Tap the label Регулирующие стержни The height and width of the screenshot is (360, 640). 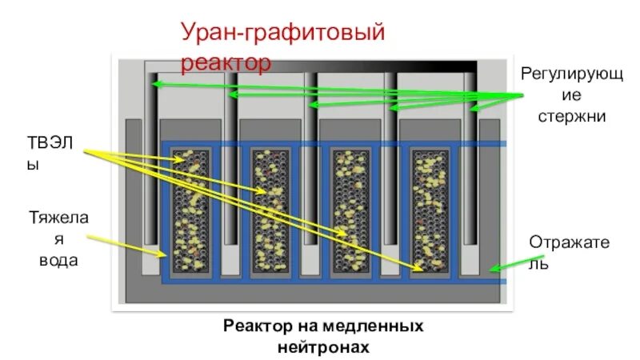click(x=563, y=95)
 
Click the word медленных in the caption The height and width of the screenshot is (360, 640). click(x=376, y=327)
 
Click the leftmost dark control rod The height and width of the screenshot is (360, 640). click(x=151, y=160)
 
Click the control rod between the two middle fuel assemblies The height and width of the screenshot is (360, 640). click(x=310, y=160)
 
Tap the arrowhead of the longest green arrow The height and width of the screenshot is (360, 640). click(x=156, y=83)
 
